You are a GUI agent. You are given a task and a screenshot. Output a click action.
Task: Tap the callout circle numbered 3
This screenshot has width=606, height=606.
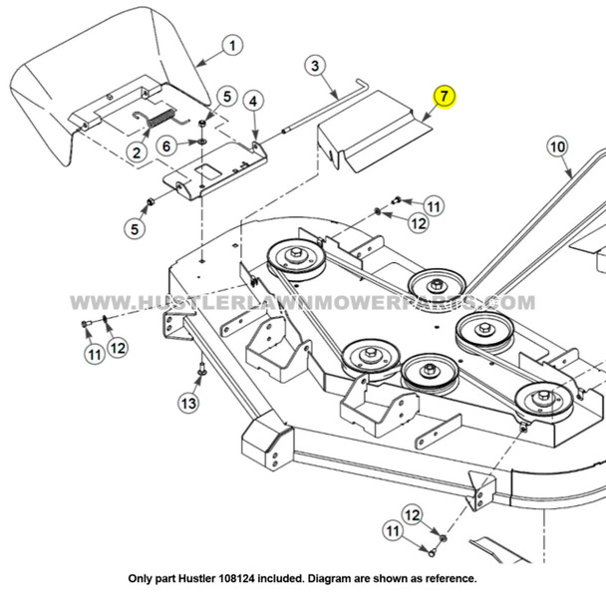[314, 67]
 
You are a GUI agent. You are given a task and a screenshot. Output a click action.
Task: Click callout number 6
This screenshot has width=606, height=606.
[166, 146]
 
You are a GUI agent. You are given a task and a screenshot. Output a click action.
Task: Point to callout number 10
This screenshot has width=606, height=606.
[557, 148]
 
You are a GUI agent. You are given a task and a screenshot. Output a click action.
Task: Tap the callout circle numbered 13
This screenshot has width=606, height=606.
[188, 402]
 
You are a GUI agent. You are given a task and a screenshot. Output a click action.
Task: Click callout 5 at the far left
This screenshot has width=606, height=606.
[134, 228]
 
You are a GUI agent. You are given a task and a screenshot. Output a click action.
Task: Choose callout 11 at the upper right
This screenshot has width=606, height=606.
[433, 206]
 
